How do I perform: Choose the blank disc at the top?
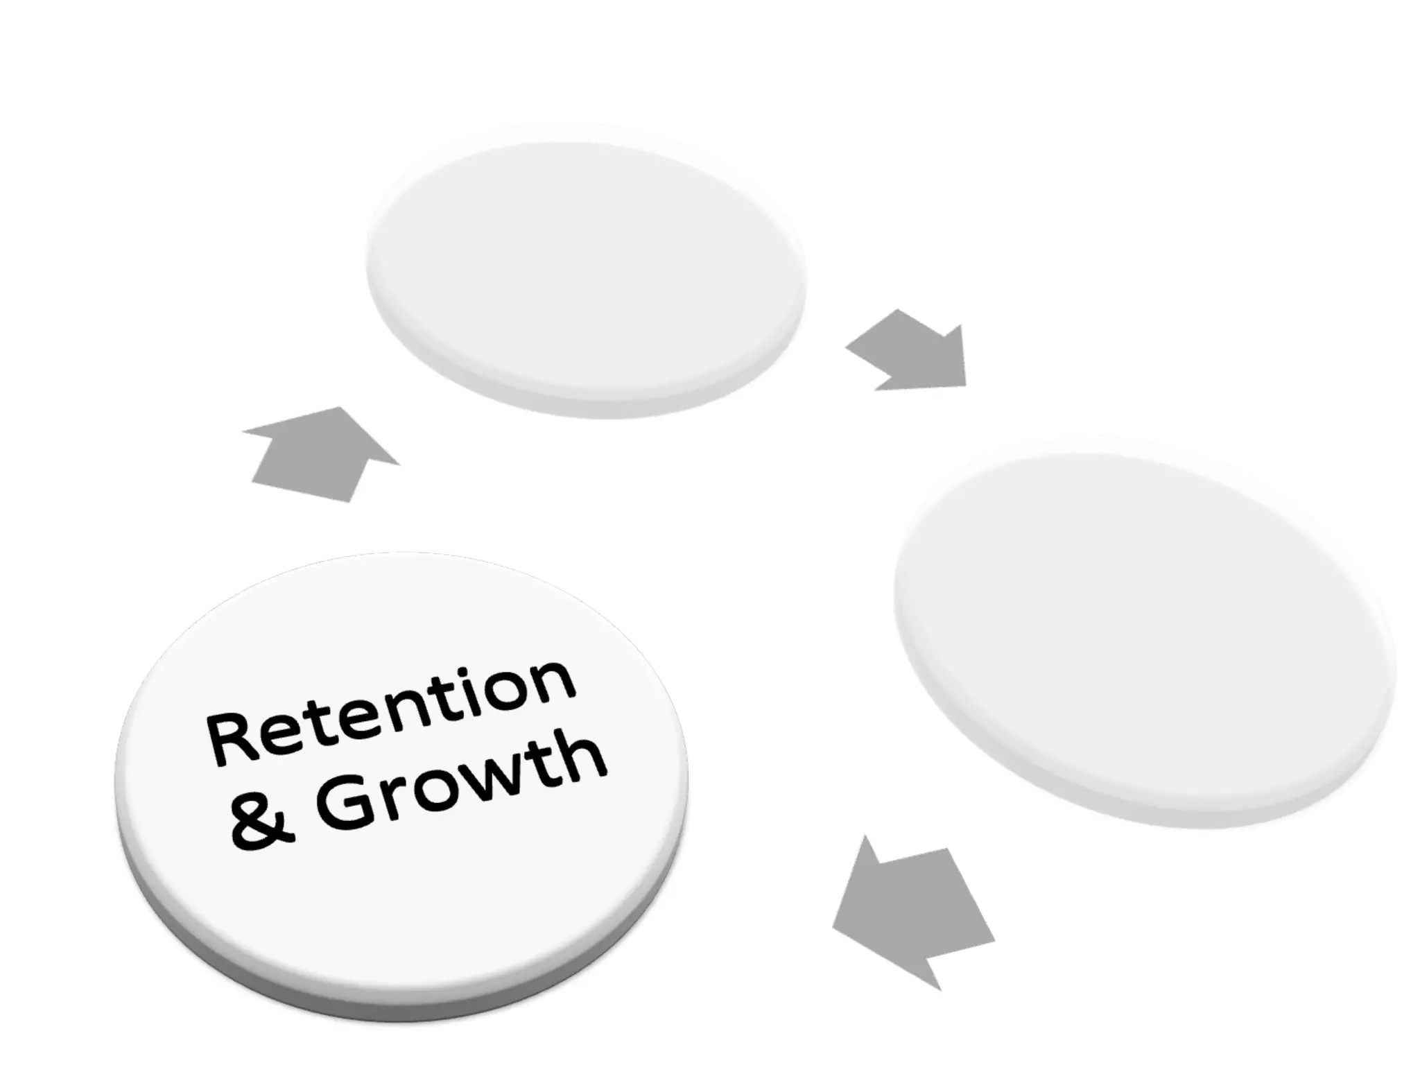[x=586, y=270]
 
